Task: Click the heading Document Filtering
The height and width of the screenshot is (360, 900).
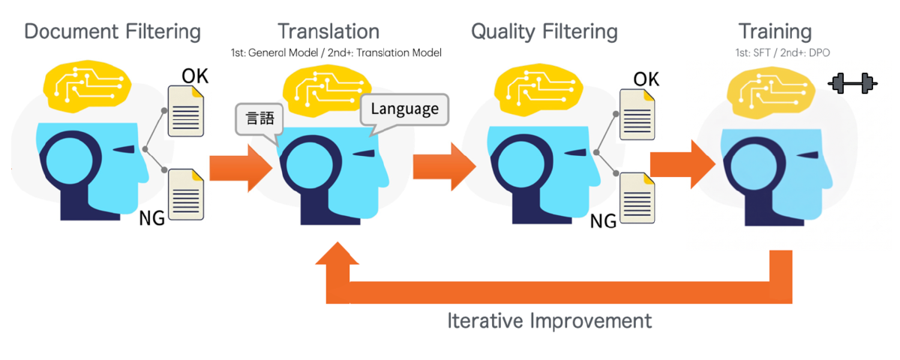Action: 112,31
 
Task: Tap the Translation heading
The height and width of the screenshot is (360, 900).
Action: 328,31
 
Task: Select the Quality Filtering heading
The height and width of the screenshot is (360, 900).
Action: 544,31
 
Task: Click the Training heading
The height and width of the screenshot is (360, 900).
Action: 775,31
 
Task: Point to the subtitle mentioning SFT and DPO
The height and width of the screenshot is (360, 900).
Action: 782,52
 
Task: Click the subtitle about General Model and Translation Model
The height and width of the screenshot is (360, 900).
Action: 336,52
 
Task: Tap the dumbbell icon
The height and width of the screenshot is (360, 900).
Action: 853,83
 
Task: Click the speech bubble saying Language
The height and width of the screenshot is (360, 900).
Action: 404,109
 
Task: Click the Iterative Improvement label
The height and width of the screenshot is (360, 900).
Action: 550,321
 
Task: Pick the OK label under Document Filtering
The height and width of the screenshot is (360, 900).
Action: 195,76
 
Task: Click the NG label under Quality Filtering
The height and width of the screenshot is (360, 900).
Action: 603,221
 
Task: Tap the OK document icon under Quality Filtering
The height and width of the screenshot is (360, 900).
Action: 637,115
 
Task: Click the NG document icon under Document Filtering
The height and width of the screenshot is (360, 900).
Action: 186,194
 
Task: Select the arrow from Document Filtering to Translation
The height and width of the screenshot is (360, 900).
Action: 241,168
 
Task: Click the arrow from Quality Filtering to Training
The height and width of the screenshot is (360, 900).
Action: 682,164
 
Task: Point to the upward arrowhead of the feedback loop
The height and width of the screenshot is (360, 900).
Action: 337,253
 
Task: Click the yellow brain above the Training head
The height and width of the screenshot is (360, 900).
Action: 771,93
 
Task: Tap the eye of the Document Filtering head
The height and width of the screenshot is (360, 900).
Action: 124,149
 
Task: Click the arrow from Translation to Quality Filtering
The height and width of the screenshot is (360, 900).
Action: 445,166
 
